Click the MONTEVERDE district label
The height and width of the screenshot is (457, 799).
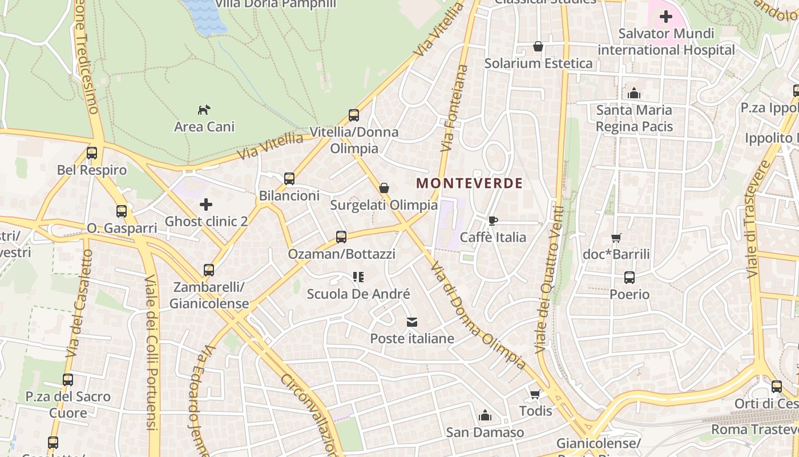(469, 183)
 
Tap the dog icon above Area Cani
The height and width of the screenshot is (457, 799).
(204, 110)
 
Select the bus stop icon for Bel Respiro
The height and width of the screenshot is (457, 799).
(92, 153)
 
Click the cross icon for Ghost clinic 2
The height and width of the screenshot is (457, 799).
(206, 204)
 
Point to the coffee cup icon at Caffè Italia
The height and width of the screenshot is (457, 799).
(493, 221)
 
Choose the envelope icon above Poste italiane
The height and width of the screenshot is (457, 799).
(412, 322)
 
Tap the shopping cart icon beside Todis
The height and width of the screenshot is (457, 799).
(535, 394)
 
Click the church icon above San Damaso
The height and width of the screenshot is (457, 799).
(485, 415)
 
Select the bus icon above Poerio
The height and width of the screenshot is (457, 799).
(629, 278)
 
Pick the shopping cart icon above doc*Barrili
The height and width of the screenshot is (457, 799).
(616, 238)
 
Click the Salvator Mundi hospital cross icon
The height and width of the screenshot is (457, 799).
(665, 17)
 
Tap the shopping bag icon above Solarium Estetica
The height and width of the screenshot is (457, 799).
(538, 46)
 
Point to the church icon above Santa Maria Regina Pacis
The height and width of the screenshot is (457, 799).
(633, 93)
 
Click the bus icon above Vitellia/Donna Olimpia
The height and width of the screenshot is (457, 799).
(354, 115)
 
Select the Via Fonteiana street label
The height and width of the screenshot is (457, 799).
(454, 109)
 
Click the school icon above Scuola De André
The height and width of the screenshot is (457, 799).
(358, 278)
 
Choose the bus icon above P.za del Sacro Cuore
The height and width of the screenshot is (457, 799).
(68, 380)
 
